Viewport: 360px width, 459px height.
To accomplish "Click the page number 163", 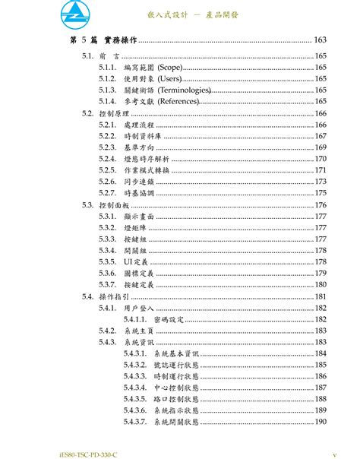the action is point(320,40).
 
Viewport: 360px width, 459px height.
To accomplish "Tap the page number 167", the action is point(321,136).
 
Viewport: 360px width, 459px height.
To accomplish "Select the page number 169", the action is point(321,147).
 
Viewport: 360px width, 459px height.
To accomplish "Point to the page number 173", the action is point(321,182).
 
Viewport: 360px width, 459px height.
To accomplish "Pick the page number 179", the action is point(321,273).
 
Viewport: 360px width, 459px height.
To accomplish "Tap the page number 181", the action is point(321,296).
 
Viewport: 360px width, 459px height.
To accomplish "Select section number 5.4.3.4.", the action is point(134,388).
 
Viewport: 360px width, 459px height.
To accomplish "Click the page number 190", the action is point(321,422).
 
